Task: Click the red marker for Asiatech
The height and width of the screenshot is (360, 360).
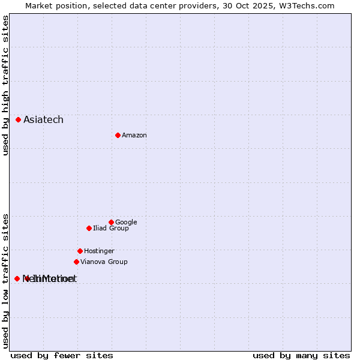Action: point(19,120)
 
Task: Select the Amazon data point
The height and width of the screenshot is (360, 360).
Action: point(118,135)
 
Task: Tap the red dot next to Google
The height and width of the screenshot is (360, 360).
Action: point(111,222)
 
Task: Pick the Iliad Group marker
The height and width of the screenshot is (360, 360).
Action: point(89,228)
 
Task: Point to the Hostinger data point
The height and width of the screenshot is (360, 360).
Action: point(80,251)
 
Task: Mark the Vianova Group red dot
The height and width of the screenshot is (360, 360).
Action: point(76,262)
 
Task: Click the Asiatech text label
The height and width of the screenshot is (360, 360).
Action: point(43,120)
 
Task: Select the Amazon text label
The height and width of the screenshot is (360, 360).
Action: point(134,136)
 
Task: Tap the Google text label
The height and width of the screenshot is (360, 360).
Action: point(126,223)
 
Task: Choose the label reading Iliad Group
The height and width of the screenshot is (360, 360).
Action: point(111,229)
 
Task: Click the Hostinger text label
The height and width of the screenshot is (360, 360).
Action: point(99,251)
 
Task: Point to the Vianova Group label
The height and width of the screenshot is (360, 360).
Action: point(104,262)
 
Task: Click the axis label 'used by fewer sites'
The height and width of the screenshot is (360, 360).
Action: point(62,356)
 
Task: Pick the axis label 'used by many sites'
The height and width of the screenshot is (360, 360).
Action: point(301,356)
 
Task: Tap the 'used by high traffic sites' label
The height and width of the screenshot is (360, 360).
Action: point(6,86)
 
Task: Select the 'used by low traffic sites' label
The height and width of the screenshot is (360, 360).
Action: point(6,280)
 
